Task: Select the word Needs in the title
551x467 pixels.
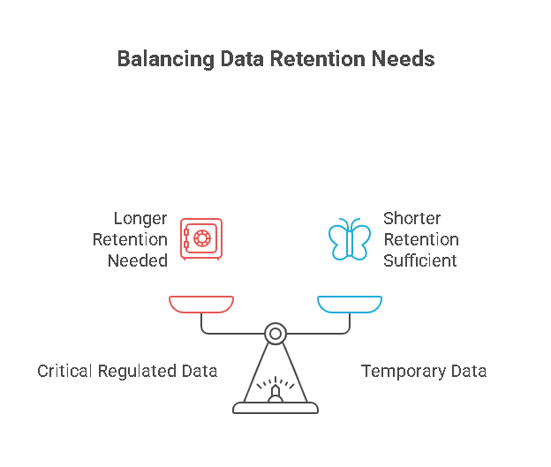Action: pyautogui.click(x=404, y=60)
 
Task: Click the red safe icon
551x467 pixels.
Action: pyautogui.click(x=201, y=238)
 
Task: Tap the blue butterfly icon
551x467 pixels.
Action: pyautogui.click(x=350, y=238)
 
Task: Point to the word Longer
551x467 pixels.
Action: pyautogui.click(x=140, y=218)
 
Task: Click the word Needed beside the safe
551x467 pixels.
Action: pyautogui.click(x=138, y=260)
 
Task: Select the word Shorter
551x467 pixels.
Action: pyautogui.click(x=411, y=218)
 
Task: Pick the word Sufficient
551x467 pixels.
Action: pyautogui.click(x=420, y=260)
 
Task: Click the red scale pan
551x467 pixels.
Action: pyautogui.click(x=201, y=305)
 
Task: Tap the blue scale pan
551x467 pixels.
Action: pyautogui.click(x=350, y=305)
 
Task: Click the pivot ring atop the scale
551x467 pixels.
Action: pyautogui.click(x=275, y=334)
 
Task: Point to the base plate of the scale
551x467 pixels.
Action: pyautogui.click(x=275, y=409)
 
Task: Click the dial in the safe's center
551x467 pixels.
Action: pyautogui.click(x=203, y=238)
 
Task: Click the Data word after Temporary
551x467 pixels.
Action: pyautogui.click(x=468, y=371)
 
